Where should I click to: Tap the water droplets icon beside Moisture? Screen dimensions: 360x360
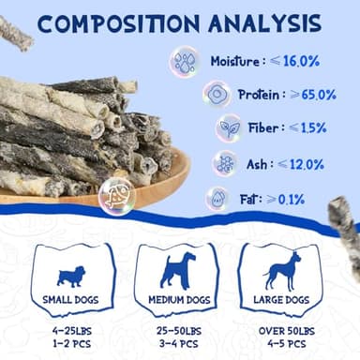click(x=184, y=61)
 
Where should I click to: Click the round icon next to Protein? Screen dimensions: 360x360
click(x=217, y=95)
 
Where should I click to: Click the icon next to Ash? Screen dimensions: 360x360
click(x=225, y=163)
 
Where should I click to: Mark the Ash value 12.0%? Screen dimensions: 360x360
click(x=296, y=163)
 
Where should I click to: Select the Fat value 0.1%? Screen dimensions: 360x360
click(x=291, y=200)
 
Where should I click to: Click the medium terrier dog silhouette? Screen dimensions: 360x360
click(x=177, y=270)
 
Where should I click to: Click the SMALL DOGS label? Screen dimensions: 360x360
click(x=71, y=299)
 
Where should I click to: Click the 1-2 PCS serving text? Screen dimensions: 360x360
click(x=71, y=344)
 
